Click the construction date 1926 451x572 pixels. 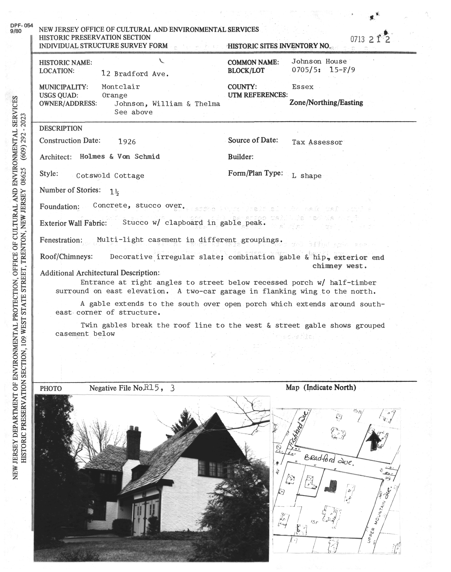127,142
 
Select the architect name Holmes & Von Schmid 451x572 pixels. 120,157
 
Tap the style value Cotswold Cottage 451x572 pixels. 110,176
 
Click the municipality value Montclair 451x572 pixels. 121,87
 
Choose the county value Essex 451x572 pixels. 303,87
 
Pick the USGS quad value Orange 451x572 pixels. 115,95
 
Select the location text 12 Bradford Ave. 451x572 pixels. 135,74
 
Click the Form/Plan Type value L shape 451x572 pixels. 307,176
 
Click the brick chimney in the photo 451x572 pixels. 133,444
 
